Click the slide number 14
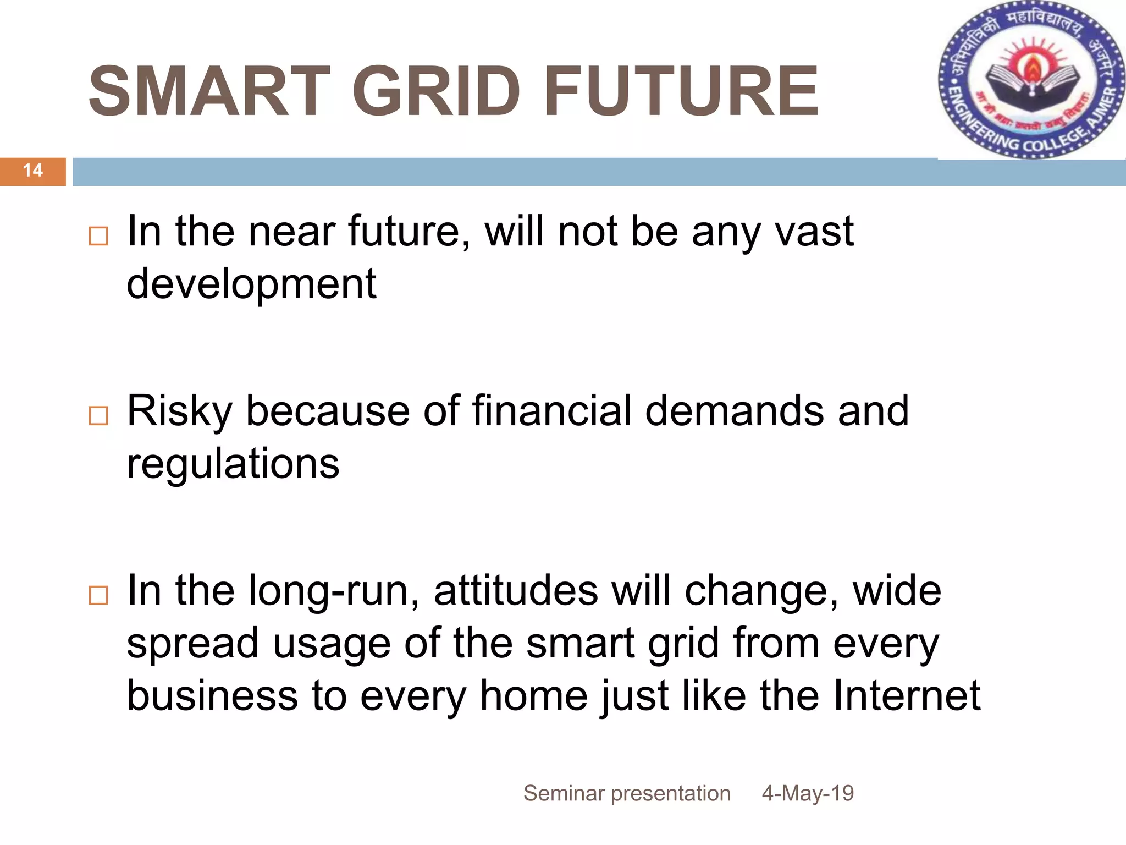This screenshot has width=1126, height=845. [33, 171]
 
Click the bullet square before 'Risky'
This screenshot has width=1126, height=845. [98, 415]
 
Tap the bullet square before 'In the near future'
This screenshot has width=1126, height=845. [98, 236]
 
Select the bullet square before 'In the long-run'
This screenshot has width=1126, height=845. [98, 595]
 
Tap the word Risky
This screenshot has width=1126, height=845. [179, 412]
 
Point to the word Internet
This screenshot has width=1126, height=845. [907, 696]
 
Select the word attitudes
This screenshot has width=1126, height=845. [516, 591]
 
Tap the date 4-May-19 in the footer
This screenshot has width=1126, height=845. [808, 793]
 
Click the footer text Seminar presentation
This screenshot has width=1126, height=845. [627, 793]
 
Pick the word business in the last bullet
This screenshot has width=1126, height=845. [212, 696]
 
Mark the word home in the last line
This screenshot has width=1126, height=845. [533, 696]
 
